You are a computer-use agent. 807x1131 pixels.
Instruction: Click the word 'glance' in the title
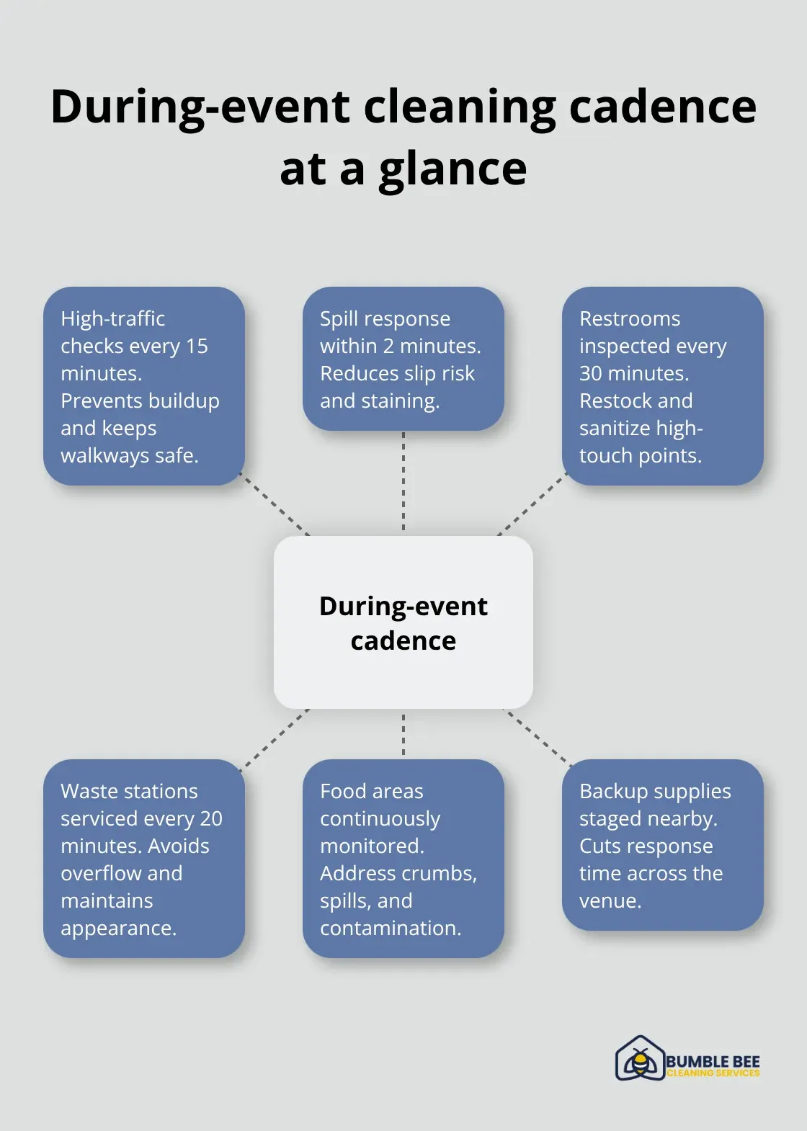click(453, 170)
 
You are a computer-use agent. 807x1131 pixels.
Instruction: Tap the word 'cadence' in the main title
click(662, 107)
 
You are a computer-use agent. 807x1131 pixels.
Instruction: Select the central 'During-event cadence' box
click(403, 622)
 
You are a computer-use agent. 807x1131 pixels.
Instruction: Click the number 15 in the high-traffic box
click(197, 347)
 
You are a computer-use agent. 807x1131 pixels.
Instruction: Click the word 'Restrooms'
click(630, 318)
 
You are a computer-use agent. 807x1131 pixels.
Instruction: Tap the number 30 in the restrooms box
click(591, 373)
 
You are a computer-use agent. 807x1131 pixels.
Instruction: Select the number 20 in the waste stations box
click(211, 819)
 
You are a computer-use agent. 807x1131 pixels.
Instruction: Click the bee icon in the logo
click(639, 1060)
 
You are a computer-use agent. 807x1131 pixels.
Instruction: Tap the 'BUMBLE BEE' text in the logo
click(712, 1062)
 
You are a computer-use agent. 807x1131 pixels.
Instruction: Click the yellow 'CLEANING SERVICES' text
click(713, 1073)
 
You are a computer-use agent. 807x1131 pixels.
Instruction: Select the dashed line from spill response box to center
click(403, 482)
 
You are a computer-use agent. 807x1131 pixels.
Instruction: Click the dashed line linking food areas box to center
click(403, 734)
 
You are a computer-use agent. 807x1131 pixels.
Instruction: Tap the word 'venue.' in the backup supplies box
click(610, 901)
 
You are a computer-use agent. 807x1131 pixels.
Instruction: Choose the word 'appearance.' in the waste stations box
click(118, 929)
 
